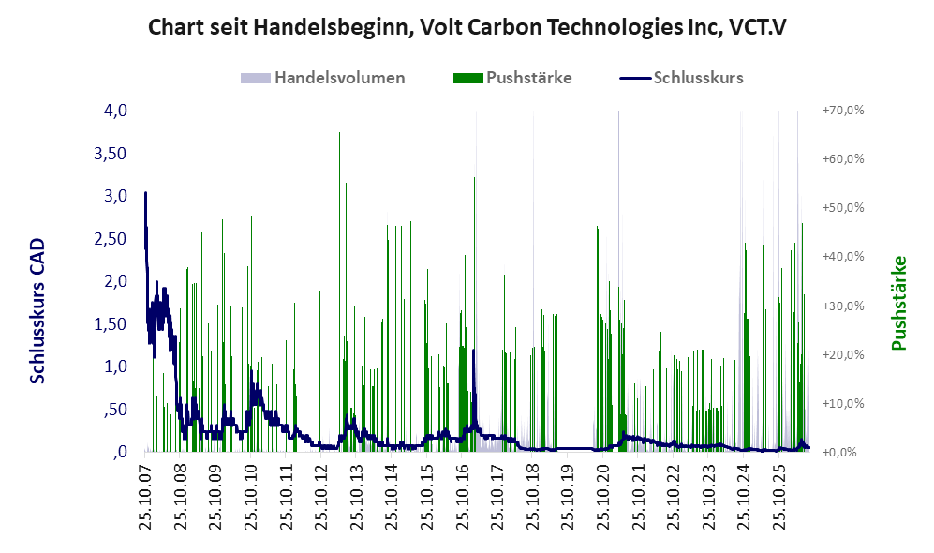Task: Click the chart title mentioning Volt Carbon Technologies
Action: (467, 27)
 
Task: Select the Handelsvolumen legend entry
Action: (323, 78)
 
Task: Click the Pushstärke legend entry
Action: (512, 78)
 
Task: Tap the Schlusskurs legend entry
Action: (681, 78)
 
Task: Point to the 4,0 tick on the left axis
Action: (115, 111)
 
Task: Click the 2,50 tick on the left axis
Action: (111, 239)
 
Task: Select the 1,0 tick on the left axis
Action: (115, 366)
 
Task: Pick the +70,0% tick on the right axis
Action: (843, 111)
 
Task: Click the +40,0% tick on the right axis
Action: (843, 256)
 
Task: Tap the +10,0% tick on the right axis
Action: (843, 403)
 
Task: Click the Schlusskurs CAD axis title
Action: (37, 310)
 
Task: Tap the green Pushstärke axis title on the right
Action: (898, 303)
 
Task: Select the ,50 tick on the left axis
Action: (115, 410)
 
